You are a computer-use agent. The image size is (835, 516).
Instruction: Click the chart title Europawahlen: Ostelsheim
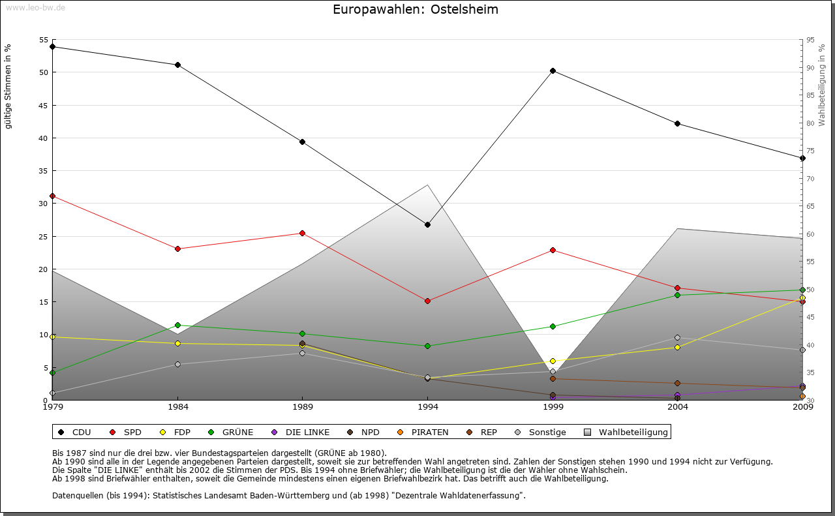tap(416, 10)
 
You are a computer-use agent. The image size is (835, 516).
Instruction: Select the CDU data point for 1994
tap(427, 224)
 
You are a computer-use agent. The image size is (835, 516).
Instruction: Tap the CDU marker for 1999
tap(553, 70)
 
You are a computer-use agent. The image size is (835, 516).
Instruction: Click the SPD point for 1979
tap(52, 196)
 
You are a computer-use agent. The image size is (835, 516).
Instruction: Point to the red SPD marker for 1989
tap(302, 233)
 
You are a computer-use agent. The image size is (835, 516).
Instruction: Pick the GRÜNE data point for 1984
tap(177, 325)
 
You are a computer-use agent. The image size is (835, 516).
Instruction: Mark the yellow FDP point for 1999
tap(553, 361)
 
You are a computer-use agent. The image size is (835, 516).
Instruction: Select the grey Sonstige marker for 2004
tap(678, 337)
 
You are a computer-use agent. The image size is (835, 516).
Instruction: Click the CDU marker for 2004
tap(678, 123)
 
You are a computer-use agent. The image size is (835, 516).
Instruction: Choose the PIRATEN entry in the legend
tap(424, 432)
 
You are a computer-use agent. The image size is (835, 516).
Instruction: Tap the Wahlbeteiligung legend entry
tap(626, 432)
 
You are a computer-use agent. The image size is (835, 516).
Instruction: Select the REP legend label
tap(483, 432)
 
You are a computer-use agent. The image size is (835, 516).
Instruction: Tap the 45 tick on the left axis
tap(42, 105)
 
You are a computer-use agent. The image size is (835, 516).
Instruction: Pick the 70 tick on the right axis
tap(810, 178)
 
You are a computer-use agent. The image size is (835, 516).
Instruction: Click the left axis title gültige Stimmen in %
tap(8, 86)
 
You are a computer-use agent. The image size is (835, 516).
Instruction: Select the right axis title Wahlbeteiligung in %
tap(822, 85)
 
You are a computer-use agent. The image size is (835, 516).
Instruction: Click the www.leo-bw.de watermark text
tap(35, 7)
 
